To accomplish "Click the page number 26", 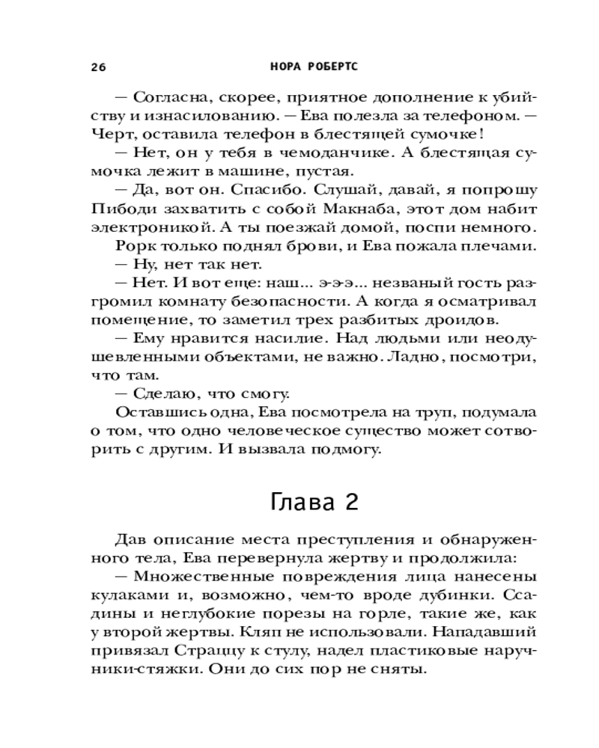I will (x=99, y=66).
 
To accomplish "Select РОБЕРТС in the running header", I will (x=334, y=66).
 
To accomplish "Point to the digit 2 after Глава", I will (x=350, y=502).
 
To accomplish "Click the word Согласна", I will (x=167, y=98).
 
